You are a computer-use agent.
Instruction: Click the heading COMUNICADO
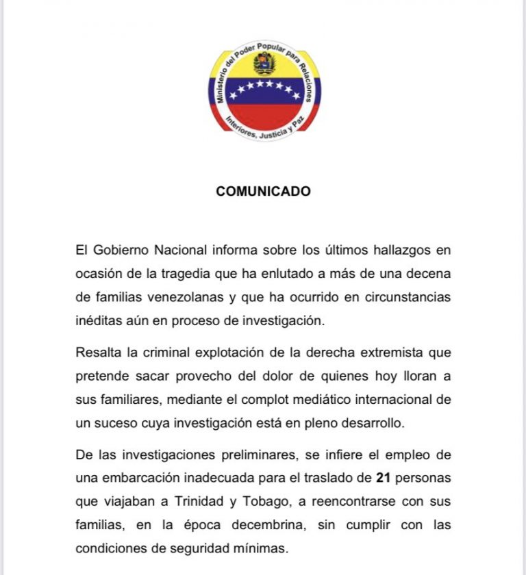pyautogui.click(x=263, y=192)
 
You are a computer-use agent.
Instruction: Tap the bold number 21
pyautogui.click(x=384, y=477)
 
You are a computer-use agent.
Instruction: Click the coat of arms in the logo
pyautogui.click(x=264, y=64)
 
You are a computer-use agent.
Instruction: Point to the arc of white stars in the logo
pyautogui.click(x=264, y=87)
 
